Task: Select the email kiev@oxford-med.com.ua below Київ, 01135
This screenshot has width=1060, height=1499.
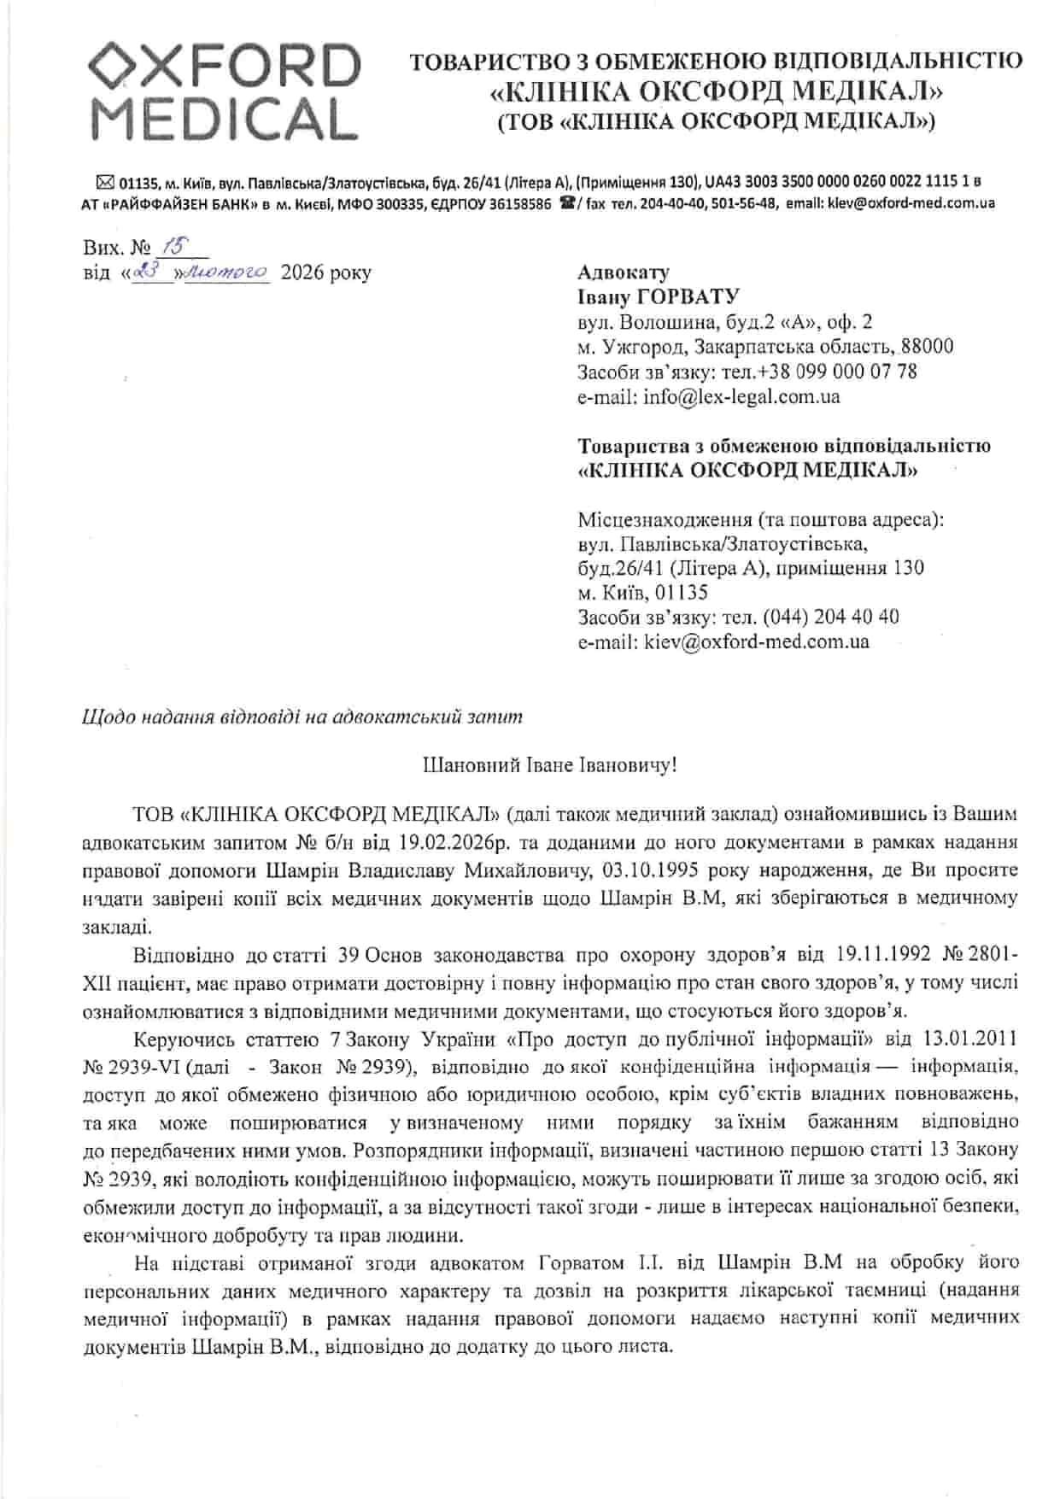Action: coord(757,641)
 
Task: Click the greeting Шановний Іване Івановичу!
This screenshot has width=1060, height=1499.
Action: coord(550,764)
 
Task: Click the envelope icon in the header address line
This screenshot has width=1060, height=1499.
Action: coord(105,181)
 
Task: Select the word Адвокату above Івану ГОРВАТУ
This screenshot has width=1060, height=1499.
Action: coord(624,272)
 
